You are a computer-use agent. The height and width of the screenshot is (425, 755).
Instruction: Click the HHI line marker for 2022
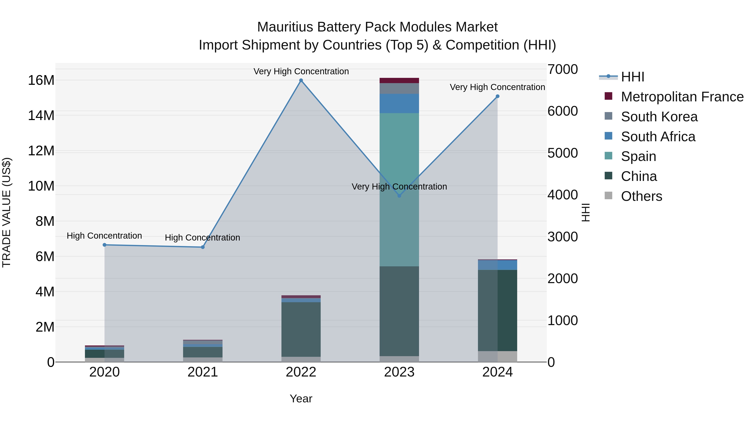[301, 80]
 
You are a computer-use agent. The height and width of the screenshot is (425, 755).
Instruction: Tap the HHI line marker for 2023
[399, 196]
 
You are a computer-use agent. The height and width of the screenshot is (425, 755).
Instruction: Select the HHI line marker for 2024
[497, 96]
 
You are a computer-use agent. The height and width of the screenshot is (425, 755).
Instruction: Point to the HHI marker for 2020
[105, 245]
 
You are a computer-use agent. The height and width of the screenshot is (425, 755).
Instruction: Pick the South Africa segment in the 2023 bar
[399, 103]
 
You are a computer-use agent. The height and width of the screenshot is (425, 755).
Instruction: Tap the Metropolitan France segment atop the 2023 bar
[399, 80]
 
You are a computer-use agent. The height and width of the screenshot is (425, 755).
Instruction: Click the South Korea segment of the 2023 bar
[399, 88]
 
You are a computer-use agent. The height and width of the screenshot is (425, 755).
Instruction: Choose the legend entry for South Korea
[659, 117]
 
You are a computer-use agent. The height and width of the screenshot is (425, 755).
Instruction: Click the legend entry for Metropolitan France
[682, 97]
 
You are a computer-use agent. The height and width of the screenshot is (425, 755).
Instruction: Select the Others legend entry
[641, 196]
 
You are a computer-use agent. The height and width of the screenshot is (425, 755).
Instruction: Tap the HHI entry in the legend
[633, 77]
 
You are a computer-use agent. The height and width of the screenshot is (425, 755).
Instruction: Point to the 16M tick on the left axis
[41, 80]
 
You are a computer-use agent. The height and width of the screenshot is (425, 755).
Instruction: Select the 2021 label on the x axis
[203, 372]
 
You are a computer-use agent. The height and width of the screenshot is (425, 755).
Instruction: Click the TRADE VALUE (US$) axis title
[7, 212]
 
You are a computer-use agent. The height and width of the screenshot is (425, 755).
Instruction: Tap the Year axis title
[301, 399]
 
